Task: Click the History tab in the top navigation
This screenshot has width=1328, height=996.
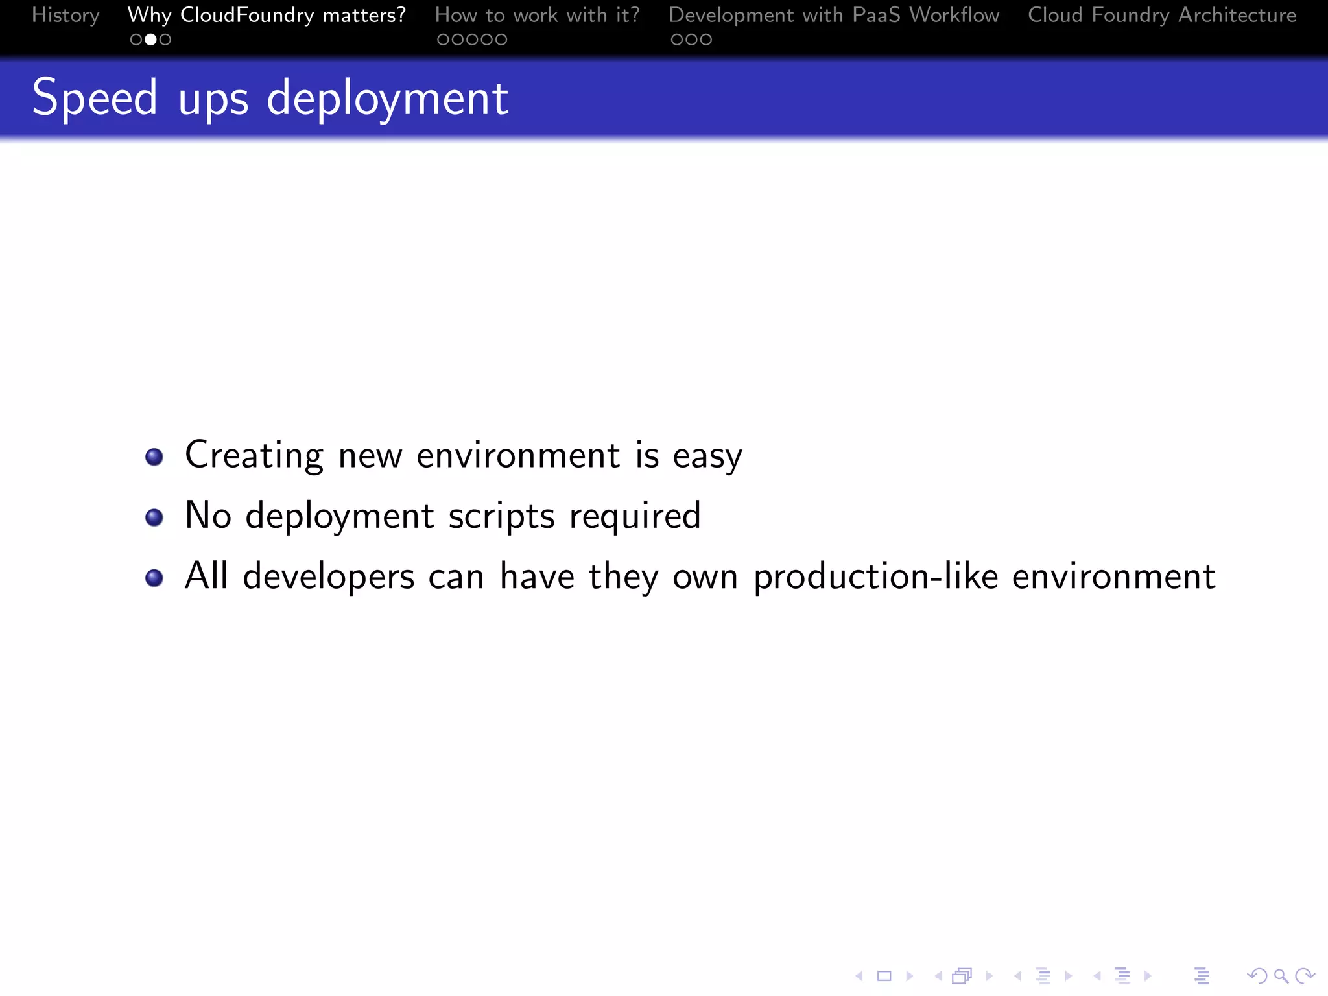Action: click(65, 15)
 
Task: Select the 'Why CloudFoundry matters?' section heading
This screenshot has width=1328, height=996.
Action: click(267, 15)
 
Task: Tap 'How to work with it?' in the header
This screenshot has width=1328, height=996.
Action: click(537, 15)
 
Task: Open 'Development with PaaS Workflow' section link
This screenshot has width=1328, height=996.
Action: click(834, 15)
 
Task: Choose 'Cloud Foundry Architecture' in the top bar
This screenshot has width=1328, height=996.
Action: click(1162, 15)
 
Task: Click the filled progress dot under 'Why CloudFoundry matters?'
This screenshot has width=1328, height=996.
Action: click(150, 40)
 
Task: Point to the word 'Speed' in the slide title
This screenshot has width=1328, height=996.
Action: click(95, 98)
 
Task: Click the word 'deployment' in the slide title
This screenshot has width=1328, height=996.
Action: click(387, 99)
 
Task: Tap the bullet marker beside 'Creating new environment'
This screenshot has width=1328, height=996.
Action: click(154, 456)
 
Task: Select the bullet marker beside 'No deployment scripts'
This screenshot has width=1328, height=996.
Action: click(154, 517)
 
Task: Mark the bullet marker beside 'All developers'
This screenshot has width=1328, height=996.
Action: click(154, 577)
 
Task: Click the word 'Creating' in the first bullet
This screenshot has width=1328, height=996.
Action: click(254, 455)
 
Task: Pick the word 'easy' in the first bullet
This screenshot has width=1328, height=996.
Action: click(707, 456)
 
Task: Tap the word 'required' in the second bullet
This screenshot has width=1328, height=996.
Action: click(635, 516)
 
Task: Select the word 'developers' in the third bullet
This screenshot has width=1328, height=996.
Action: click(328, 576)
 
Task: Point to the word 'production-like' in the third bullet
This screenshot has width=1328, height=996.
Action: click(875, 576)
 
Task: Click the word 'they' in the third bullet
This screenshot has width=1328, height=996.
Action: click(623, 576)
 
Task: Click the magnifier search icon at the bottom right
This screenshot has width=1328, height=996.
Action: click(1281, 976)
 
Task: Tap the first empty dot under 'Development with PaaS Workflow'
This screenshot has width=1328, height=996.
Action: click(677, 40)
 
